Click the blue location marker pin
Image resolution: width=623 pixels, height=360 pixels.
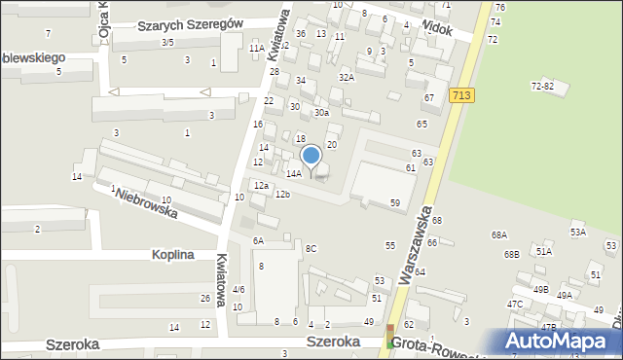[x=311, y=157]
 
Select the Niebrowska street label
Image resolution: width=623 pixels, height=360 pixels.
[x=148, y=205]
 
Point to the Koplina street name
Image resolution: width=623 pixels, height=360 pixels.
[x=173, y=255]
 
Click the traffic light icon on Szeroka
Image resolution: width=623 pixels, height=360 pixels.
[x=391, y=337]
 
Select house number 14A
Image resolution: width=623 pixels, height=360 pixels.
[x=293, y=173]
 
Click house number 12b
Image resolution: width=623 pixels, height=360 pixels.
[x=282, y=195]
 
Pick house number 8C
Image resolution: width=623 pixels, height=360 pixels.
[x=311, y=248]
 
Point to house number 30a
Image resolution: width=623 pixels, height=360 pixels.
[x=320, y=113]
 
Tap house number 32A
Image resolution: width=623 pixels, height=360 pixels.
[x=346, y=77]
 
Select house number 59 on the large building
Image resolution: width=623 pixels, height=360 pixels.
[x=395, y=202]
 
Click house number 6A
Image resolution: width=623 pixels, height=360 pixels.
[x=258, y=240]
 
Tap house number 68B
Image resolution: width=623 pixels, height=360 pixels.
[x=511, y=254]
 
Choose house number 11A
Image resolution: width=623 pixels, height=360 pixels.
[x=256, y=48]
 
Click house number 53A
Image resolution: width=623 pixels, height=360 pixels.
[x=578, y=232]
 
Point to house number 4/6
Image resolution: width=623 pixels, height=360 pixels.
[x=238, y=289]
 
